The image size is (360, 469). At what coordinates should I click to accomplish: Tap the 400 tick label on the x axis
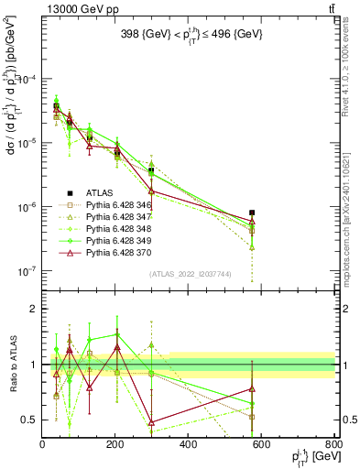pos(189,443)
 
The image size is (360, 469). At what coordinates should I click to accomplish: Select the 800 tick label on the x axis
pos(334,443)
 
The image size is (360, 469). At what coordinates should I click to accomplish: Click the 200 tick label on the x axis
pos(115,443)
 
